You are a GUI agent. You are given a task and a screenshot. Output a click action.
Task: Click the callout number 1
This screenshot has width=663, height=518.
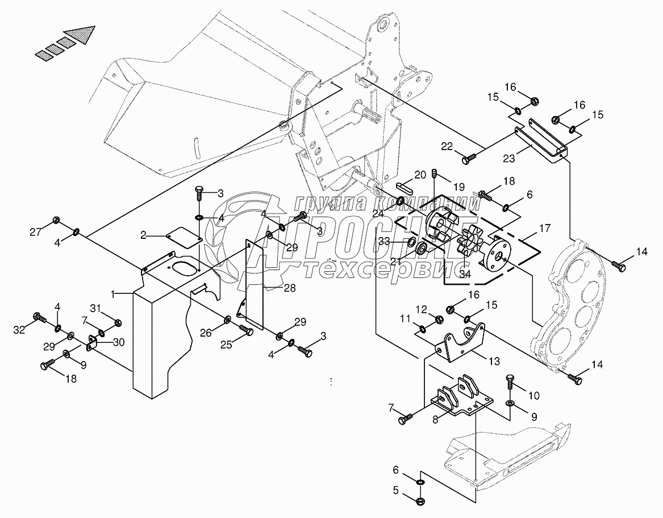[x=113, y=294]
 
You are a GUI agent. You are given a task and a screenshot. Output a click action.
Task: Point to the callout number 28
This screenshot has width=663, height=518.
[x=289, y=289]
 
